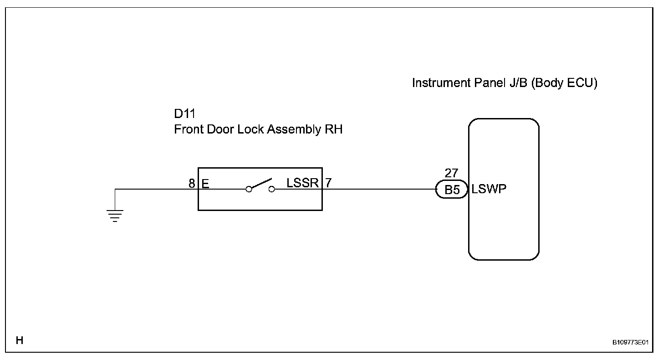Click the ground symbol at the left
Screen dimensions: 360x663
click(x=115, y=215)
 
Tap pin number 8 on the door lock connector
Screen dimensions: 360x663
click(x=192, y=184)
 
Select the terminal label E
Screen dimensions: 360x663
click(x=205, y=184)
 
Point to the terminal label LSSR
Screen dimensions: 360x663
click(x=303, y=183)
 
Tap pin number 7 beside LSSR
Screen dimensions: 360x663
click(x=328, y=183)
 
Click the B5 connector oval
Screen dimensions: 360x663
click(x=452, y=190)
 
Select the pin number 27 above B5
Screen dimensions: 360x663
click(x=451, y=174)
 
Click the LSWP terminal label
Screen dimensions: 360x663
click(x=490, y=189)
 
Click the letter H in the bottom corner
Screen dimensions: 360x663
click(x=20, y=340)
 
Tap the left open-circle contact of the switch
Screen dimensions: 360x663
click(x=249, y=189)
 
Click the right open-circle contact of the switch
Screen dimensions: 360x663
click(x=272, y=189)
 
